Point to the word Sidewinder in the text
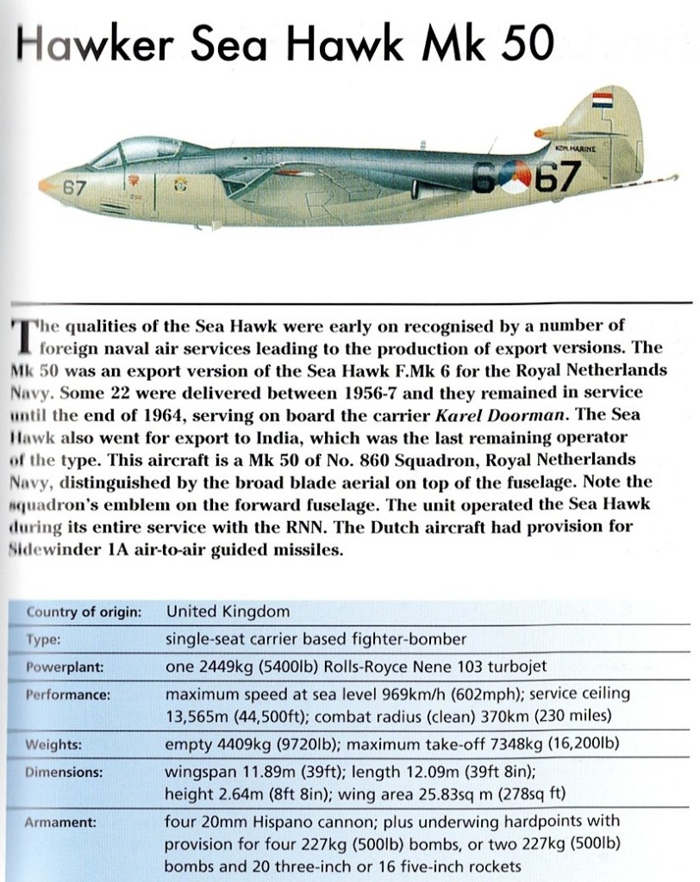53,550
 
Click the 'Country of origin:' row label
84,612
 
